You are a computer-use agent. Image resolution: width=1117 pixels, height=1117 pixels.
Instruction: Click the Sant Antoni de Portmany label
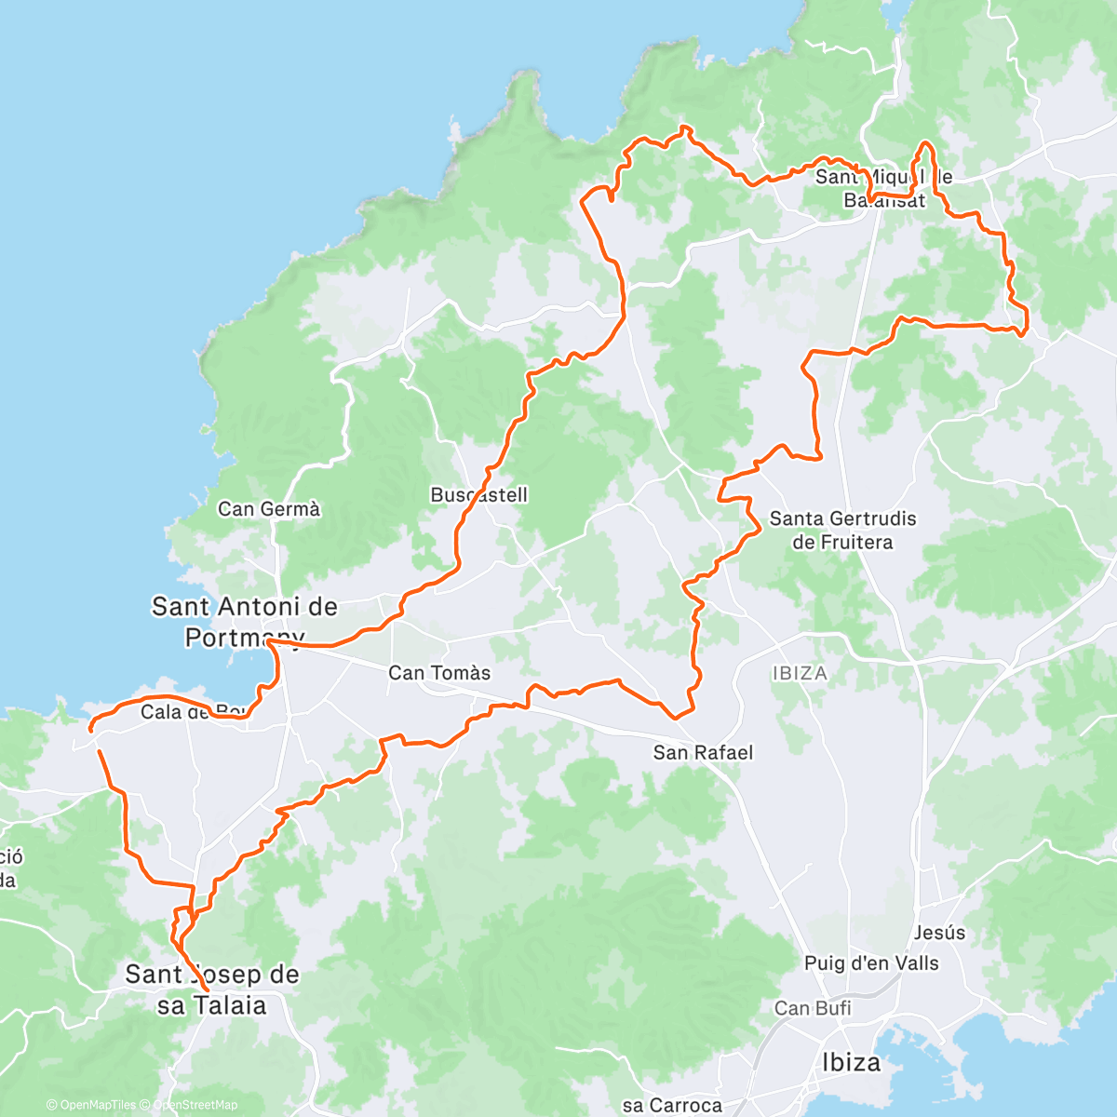(244, 622)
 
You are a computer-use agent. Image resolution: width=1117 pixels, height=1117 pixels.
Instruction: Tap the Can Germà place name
(269, 509)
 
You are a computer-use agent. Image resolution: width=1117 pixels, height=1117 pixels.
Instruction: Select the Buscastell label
(478, 495)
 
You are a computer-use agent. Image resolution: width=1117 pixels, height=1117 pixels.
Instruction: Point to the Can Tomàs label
(439, 672)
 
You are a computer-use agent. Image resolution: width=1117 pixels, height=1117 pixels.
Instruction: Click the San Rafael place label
(703, 752)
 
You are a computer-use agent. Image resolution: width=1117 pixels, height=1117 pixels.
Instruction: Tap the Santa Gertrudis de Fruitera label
(842, 531)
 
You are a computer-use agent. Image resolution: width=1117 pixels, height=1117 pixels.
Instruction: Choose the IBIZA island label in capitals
(799, 672)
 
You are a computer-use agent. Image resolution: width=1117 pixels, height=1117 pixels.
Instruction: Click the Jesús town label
(939, 933)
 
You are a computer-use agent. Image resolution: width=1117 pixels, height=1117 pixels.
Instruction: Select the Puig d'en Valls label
(871, 963)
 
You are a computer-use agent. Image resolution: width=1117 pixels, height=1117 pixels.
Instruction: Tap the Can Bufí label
(813, 1008)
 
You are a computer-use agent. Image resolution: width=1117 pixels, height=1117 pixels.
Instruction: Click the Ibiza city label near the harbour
(851, 1062)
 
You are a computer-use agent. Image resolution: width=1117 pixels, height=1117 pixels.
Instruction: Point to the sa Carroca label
(672, 1105)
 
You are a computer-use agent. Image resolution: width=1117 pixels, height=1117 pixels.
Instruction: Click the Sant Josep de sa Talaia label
(212, 989)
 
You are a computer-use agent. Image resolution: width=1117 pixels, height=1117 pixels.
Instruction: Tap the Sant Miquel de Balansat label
(883, 188)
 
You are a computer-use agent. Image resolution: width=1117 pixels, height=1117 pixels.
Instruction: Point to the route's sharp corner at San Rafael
(678, 717)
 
